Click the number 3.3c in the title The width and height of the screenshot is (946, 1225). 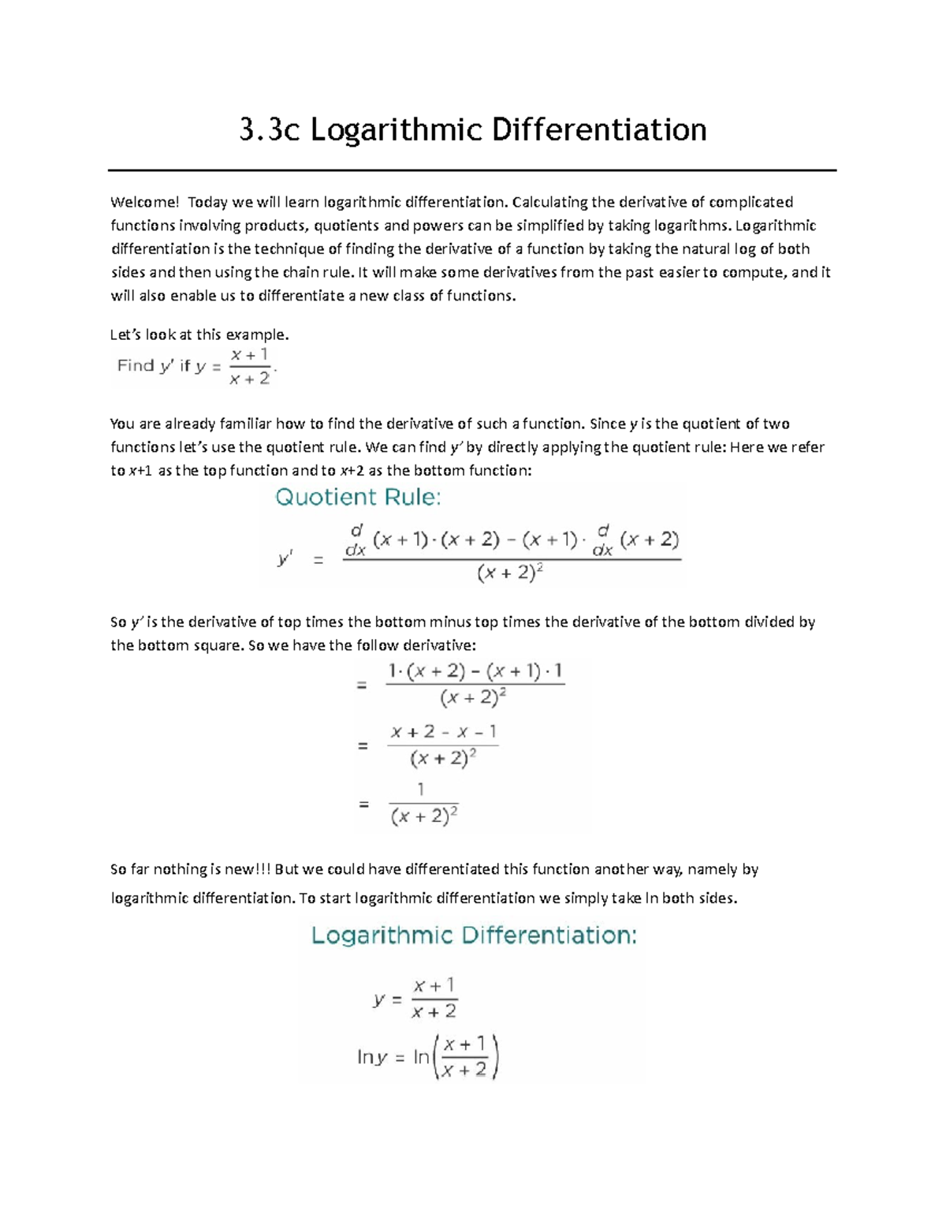[x=270, y=130]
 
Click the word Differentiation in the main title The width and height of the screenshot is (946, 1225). [x=599, y=130]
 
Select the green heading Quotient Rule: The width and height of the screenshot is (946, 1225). [x=357, y=497]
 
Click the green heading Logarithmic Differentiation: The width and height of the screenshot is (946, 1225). [x=474, y=936]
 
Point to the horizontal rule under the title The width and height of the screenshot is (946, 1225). [x=471, y=170]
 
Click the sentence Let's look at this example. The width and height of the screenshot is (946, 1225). [x=199, y=334]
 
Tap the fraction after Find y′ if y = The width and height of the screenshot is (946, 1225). [x=250, y=367]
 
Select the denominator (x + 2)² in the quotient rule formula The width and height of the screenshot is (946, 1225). [x=511, y=574]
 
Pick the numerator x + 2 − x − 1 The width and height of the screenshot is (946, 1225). [x=443, y=732]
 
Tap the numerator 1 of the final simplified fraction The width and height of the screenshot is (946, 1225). [x=421, y=789]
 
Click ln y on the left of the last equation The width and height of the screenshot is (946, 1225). [x=372, y=1057]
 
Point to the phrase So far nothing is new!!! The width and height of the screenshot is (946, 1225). [x=191, y=869]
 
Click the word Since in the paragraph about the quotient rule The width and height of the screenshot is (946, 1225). [x=608, y=424]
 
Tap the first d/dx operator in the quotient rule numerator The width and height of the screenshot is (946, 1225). [x=356, y=540]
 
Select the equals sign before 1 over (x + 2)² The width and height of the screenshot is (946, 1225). [x=363, y=805]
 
